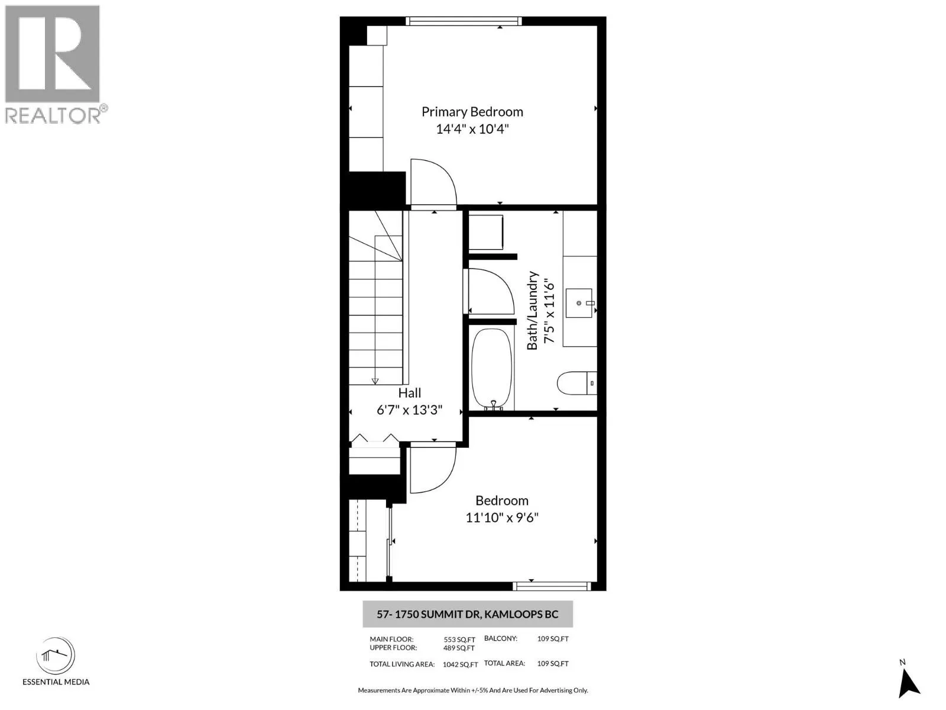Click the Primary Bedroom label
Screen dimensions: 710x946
(472, 112)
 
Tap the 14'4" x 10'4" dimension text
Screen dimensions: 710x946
(472, 129)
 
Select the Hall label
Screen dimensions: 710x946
(409, 393)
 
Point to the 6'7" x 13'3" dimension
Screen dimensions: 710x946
(409, 410)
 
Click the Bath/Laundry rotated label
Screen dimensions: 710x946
(533, 311)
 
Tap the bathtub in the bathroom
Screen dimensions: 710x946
(492, 368)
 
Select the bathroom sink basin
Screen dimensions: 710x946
(579, 303)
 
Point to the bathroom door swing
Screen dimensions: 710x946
(491, 291)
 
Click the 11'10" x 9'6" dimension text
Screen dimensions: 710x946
(501, 518)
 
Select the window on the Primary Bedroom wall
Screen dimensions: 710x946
(464, 21)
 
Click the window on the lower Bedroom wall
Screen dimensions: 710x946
(552, 586)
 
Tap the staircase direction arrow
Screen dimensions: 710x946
(375, 381)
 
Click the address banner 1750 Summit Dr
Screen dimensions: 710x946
(467, 614)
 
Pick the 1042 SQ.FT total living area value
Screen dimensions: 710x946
(460, 664)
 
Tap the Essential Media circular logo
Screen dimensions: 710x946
(56, 656)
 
